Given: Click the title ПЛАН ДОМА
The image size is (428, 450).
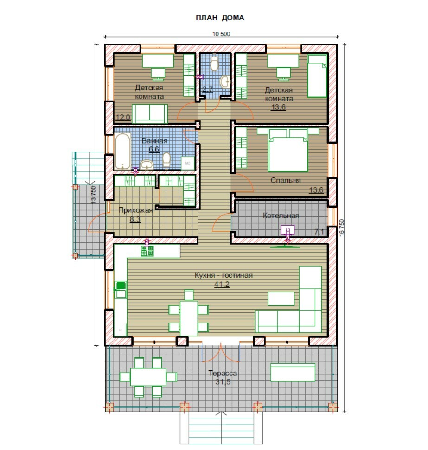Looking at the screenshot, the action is (220, 18).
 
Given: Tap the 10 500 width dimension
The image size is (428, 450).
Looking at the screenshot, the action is (221, 34).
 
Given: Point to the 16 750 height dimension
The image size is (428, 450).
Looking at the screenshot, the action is (342, 228).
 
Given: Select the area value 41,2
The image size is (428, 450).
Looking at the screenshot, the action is (222, 284).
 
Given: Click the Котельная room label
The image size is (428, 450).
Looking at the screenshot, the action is (281, 215).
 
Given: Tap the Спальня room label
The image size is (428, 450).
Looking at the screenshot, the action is (286, 180).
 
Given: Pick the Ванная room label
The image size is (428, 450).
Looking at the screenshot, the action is (154, 140).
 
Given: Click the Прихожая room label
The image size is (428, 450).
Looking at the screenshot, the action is (135, 210).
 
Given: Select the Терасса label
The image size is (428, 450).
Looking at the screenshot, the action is (223, 373).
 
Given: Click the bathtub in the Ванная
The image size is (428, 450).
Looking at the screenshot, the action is (123, 151).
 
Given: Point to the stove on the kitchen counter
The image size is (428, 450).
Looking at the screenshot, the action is (147, 251).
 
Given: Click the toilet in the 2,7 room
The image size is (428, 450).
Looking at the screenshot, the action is (214, 63).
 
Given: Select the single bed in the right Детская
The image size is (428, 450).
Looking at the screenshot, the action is (317, 76).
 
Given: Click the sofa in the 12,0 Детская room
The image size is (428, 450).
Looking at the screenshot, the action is (150, 114).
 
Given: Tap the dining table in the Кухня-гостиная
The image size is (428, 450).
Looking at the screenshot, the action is (189, 318).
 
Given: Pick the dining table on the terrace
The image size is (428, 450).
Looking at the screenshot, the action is (148, 377).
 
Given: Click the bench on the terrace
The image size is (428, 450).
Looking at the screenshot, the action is (293, 372).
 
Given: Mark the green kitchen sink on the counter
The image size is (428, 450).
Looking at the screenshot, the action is (121, 285).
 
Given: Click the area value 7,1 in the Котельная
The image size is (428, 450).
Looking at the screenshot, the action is (319, 231).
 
